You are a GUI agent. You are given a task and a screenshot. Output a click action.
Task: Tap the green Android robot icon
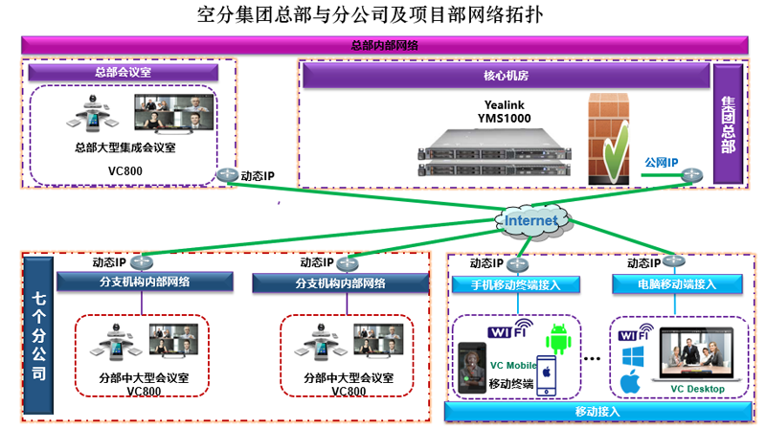pyautogui.click(x=559, y=339)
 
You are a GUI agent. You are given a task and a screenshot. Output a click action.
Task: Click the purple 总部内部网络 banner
pyautogui.click(x=383, y=45)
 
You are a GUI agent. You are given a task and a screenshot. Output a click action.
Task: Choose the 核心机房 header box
pyautogui.click(x=504, y=74)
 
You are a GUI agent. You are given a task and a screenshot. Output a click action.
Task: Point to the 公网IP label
pyautogui.click(x=662, y=164)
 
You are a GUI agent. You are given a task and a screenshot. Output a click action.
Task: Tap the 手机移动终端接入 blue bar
pyautogui.click(x=516, y=284)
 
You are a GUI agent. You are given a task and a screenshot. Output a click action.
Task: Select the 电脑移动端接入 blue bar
pyautogui.click(x=677, y=284)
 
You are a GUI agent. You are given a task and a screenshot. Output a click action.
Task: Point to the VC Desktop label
pyautogui.click(x=697, y=389)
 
